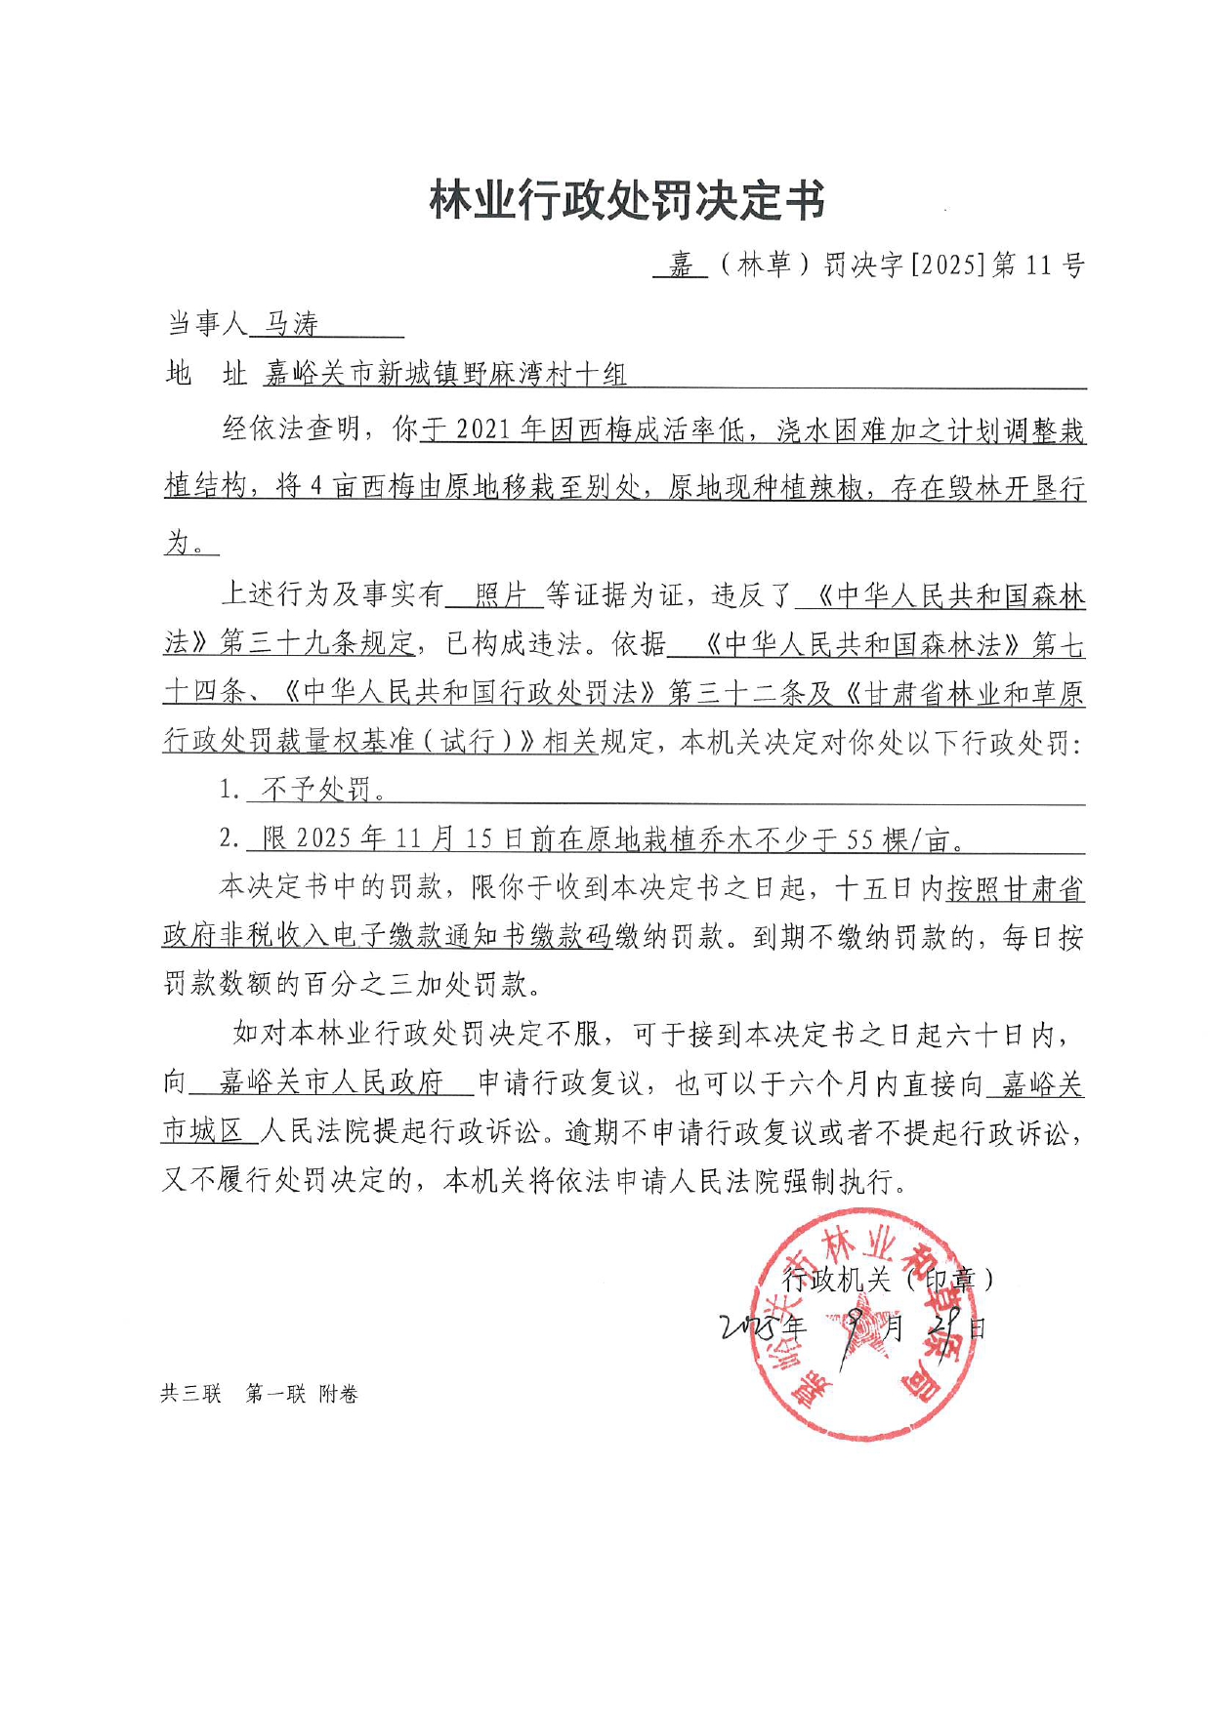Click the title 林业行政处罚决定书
click(627, 202)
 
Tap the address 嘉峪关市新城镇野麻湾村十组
click(444, 374)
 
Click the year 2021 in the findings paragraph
click(482, 430)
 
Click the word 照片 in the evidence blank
click(500, 594)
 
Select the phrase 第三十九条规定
click(318, 643)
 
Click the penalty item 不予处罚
click(318, 790)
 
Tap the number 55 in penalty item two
click(859, 839)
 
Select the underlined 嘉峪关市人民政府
click(331, 1082)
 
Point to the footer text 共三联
click(190, 1394)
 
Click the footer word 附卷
click(339, 1394)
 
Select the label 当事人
click(206, 323)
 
